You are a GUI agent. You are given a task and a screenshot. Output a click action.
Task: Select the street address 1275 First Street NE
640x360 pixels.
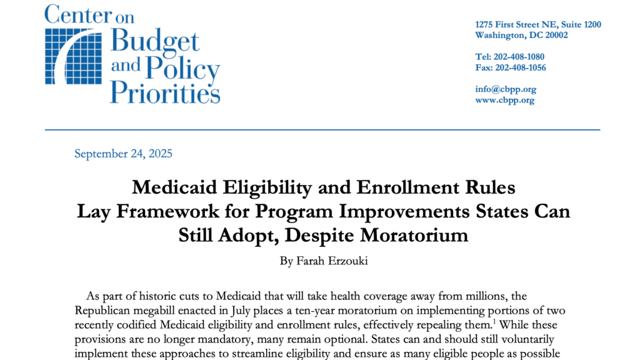[538, 25]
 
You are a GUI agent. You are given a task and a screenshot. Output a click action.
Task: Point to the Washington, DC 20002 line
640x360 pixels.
[521, 36]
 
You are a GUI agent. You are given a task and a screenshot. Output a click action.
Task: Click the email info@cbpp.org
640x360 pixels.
[506, 89]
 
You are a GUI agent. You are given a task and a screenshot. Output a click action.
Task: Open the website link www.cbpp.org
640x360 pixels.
[504, 100]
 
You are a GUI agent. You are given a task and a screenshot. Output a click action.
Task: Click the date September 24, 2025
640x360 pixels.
[123, 154]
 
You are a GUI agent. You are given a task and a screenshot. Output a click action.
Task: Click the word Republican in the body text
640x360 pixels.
[104, 311]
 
